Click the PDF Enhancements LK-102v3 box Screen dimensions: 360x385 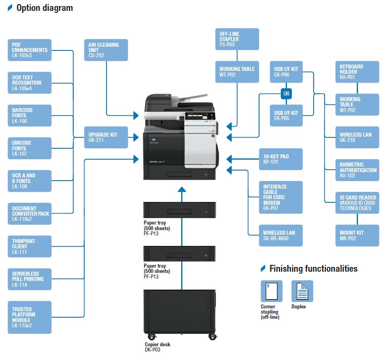(x=29, y=50)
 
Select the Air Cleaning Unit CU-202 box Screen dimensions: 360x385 (x=106, y=50)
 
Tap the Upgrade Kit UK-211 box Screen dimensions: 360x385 (x=106, y=137)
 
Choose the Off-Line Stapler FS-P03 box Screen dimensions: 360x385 (x=237, y=39)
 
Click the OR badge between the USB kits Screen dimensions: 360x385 (x=286, y=94)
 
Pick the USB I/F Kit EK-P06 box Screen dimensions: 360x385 (x=286, y=72)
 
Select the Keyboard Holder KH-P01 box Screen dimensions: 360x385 (x=357, y=72)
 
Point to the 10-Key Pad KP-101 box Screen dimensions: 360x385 (x=281, y=159)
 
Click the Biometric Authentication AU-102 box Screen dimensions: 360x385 (x=357, y=170)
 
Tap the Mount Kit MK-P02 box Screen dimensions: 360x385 (x=357, y=235)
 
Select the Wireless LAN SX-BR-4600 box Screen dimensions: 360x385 (x=281, y=235)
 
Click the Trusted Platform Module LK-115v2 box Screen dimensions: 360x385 (x=29, y=317)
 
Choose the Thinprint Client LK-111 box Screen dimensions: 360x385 (x=29, y=246)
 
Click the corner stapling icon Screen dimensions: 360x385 (x=272, y=291)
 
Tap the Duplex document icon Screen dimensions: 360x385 (x=302, y=291)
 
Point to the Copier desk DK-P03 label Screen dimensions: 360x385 (x=157, y=347)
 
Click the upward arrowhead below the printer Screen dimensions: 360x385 (x=182, y=189)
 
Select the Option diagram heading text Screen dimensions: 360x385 (x=44, y=8)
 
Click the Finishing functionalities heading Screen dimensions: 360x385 (x=313, y=268)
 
